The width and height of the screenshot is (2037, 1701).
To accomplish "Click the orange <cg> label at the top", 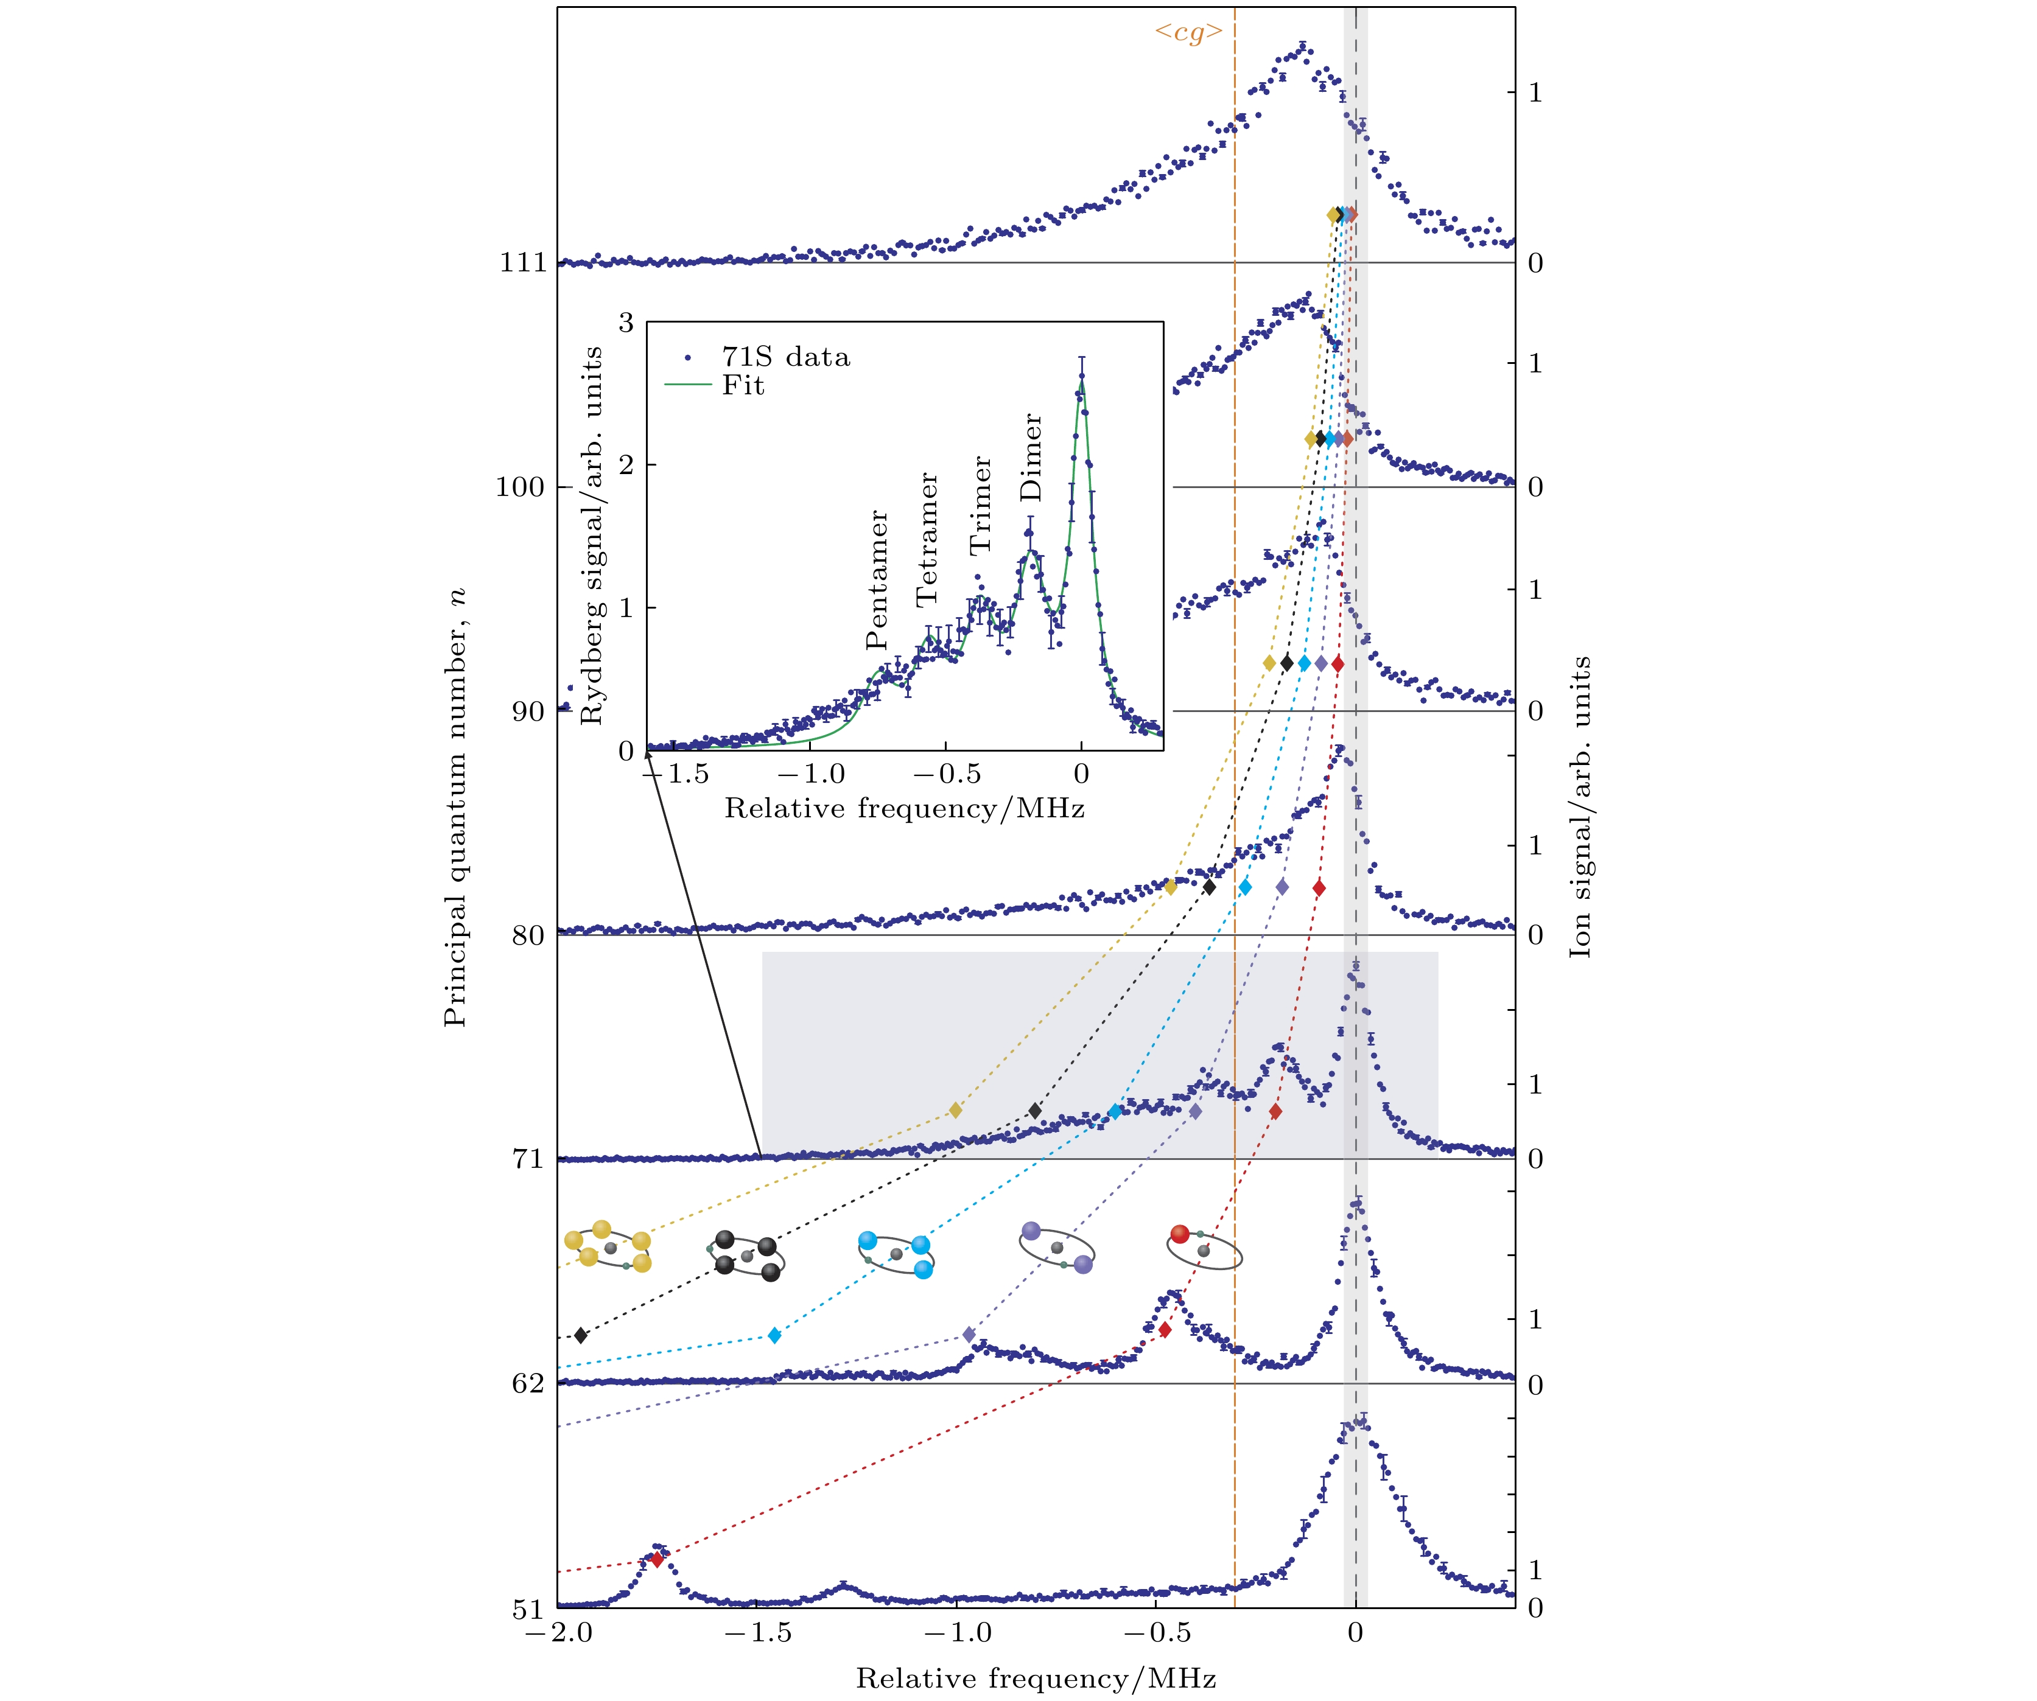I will click(x=1187, y=33).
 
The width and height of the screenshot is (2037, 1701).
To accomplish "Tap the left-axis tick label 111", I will click(x=523, y=263).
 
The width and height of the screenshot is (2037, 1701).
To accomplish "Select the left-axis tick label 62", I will click(x=528, y=1384).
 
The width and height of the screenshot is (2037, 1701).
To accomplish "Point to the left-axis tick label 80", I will click(x=528, y=936).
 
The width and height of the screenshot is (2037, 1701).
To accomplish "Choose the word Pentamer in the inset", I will click(x=877, y=580).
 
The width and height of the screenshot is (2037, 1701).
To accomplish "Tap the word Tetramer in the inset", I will click(x=927, y=540).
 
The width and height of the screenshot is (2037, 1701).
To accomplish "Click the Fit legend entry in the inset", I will click(x=742, y=386).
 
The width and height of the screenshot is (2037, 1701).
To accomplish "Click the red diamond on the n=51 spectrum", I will click(x=657, y=1559).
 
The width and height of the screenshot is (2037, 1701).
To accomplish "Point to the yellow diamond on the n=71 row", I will click(x=955, y=1111).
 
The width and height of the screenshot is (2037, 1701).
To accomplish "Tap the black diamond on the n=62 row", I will click(x=581, y=1335).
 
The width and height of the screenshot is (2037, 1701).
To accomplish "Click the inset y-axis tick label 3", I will click(x=626, y=323).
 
